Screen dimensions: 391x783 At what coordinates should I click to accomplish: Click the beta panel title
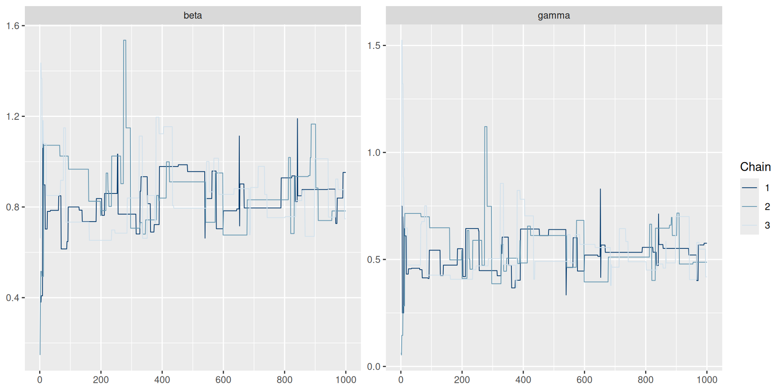pyautogui.click(x=192, y=15)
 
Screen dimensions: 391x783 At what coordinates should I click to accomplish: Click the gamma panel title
pyautogui.click(x=553, y=15)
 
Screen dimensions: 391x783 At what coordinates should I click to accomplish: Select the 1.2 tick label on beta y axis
pyautogui.click(x=13, y=116)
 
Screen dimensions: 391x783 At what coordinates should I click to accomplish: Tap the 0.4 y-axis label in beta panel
pyautogui.click(x=13, y=298)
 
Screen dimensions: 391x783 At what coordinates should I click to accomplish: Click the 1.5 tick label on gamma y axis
pyautogui.click(x=374, y=46)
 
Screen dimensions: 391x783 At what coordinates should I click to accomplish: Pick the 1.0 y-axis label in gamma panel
pyautogui.click(x=374, y=153)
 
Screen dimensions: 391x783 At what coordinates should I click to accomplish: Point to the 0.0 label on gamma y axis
pyautogui.click(x=374, y=367)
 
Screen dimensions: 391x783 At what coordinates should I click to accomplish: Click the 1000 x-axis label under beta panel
pyautogui.click(x=346, y=380)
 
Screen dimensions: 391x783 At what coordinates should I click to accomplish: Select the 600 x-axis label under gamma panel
pyautogui.click(x=584, y=380)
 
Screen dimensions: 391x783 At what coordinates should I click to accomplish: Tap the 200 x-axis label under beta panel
pyautogui.click(x=101, y=380)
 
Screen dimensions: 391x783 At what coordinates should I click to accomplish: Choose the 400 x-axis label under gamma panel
pyautogui.click(x=523, y=380)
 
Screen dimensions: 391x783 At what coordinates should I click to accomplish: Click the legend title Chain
pyautogui.click(x=755, y=167)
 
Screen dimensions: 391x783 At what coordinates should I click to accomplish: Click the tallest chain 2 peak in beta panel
pyautogui.click(x=124, y=41)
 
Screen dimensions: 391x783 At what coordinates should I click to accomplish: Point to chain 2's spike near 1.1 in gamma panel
pyautogui.click(x=486, y=127)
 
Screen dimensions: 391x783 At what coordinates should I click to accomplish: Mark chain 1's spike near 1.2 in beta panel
pyautogui.click(x=297, y=119)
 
